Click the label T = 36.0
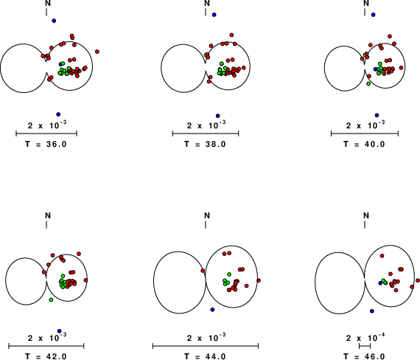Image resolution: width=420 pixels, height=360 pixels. pos(46,144)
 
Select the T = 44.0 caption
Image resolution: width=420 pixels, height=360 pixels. pos(205,356)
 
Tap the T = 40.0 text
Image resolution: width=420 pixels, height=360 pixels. pos(364,144)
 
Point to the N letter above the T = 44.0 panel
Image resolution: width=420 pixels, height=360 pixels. pos(207,215)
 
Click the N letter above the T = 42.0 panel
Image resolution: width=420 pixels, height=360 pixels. pos(48,215)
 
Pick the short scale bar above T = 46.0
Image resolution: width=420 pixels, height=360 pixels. pos(365,346)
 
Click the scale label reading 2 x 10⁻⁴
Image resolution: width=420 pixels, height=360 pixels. pos(365,337)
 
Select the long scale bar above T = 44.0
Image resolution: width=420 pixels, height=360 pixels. pos(206,346)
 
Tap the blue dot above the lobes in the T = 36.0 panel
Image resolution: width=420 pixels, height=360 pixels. pos(54,21)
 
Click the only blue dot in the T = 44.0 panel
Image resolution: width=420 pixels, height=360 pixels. pos(212,310)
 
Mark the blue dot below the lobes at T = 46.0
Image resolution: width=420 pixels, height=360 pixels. pos(372,311)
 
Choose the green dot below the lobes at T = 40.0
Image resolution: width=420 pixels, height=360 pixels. pos(368,83)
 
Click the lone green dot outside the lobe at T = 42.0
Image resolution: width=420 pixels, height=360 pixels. pos(51,300)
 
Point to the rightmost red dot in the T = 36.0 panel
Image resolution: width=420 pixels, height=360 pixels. pos(97,52)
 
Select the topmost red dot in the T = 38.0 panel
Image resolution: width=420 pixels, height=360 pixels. pos(231,35)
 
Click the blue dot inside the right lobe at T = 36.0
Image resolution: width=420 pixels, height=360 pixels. pos(60,64)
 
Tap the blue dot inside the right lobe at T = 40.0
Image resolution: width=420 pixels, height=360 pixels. pos(375,69)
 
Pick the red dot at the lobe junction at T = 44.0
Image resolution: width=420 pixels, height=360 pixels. pos(203,271)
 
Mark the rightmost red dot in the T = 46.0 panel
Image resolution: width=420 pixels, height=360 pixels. pos(418,280)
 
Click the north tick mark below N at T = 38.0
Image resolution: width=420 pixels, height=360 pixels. pos(206,12)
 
